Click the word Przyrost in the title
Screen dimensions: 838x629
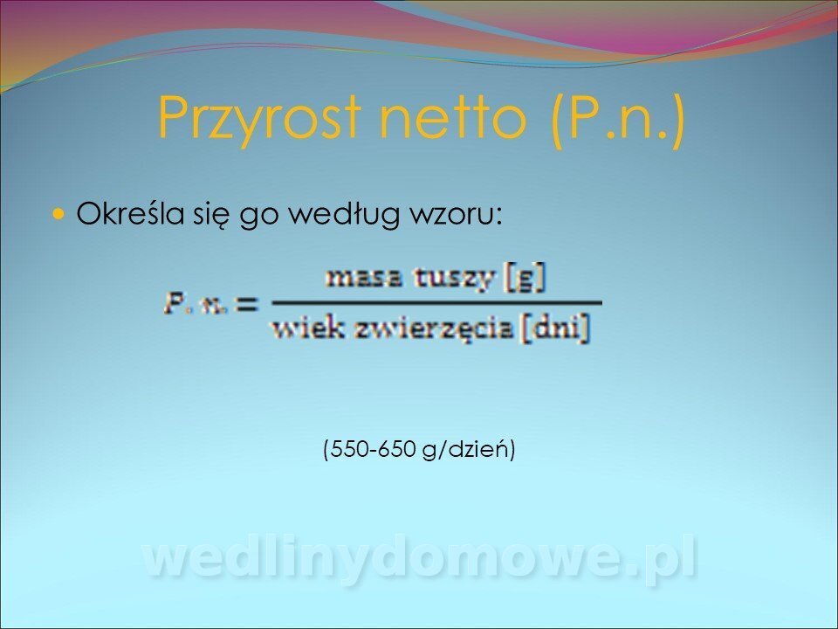(x=258, y=120)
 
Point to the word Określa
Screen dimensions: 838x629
(x=127, y=212)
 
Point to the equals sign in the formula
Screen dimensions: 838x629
(x=247, y=304)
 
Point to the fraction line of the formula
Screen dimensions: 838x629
(x=437, y=303)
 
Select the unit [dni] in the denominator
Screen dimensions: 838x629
(x=556, y=328)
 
